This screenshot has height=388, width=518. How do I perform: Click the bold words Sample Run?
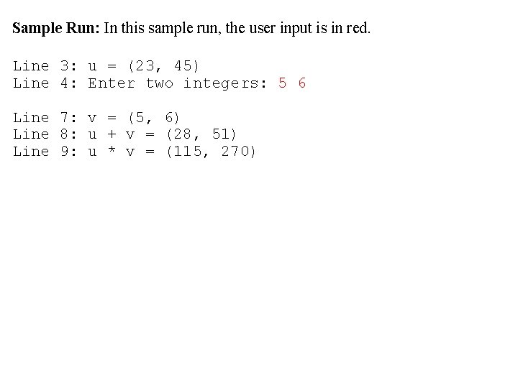pyautogui.click(x=55, y=29)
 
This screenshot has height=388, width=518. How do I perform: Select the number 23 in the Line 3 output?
pyautogui.click(x=144, y=66)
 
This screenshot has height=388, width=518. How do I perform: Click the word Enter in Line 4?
pyautogui.click(x=111, y=83)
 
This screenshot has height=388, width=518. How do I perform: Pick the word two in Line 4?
pyautogui.click(x=159, y=83)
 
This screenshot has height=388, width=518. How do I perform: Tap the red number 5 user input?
pyautogui.click(x=282, y=83)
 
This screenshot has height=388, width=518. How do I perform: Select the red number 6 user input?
pyautogui.click(x=301, y=83)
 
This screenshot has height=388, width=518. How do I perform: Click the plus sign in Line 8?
pyautogui.click(x=111, y=134)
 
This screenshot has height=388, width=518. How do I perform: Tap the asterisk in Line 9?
pyautogui.click(x=111, y=152)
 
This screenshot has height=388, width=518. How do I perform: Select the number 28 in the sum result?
pyautogui.click(x=182, y=134)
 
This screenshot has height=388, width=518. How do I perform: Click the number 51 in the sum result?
pyautogui.click(x=220, y=134)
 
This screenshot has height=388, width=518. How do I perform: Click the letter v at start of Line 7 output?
pyautogui.click(x=92, y=117)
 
